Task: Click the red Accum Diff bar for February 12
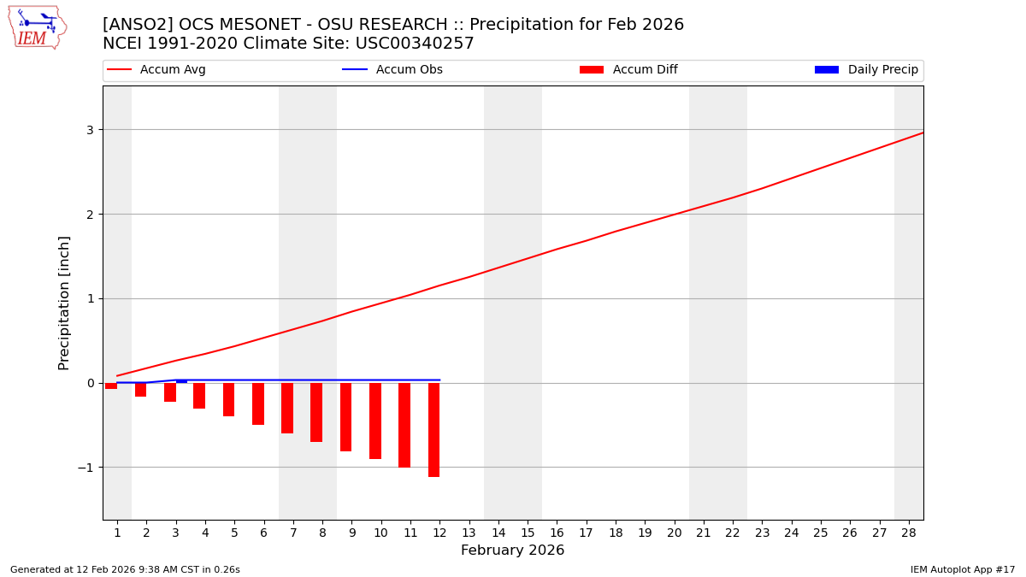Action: coord(433,429)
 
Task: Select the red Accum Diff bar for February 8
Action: coord(316,412)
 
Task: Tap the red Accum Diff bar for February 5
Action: coord(228,399)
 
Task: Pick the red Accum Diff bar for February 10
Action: coord(375,421)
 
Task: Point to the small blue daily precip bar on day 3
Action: coord(181,381)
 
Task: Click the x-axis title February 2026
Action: coord(512,551)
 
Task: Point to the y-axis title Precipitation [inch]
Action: coord(64,303)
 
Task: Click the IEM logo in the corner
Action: coord(37,26)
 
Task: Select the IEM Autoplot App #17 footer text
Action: coord(962,570)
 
